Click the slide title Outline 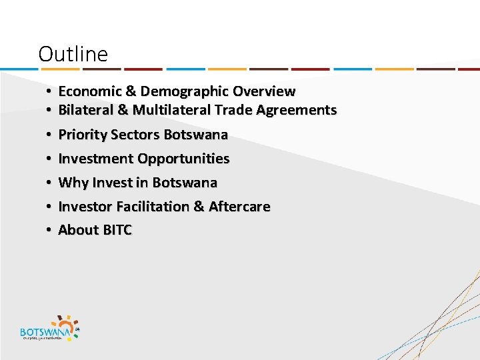[x=73, y=54]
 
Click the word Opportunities [x=183, y=159]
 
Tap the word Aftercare [x=239, y=207]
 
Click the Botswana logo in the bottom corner [x=50, y=327]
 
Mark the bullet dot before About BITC [x=50, y=230]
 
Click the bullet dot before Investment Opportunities [x=50, y=159]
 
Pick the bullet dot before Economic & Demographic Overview [x=50, y=91]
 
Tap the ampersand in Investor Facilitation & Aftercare [x=199, y=207]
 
